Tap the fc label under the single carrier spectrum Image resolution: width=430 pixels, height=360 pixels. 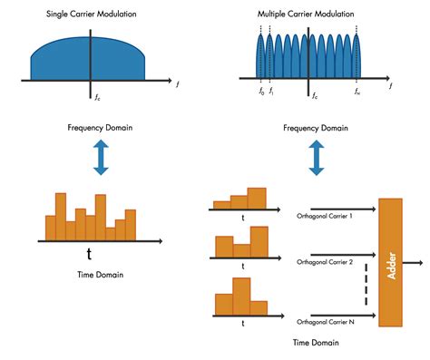pyautogui.click(x=96, y=93)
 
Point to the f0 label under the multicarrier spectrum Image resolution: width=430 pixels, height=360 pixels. pyautogui.click(x=261, y=92)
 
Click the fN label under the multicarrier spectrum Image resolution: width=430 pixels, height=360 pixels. pyautogui.click(x=359, y=92)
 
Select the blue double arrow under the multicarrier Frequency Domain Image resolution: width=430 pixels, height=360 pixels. pyautogui.click(x=316, y=157)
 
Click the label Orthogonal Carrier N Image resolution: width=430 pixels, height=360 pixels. pyautogui.click(x=325, y=321)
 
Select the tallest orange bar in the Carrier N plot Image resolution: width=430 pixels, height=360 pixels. pyautogui.click(x=241, y=295)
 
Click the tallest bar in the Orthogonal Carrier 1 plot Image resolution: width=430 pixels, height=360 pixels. pyautogui.click(x=257, y=198)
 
